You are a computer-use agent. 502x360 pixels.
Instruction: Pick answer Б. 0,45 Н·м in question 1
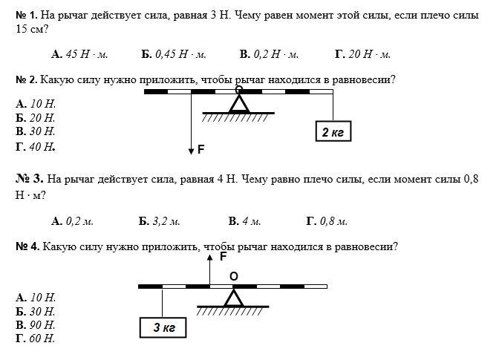pyautogui.click(x=173, y=54)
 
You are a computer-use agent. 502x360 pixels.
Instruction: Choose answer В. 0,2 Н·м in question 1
pyautogui.click(x=269, y=54)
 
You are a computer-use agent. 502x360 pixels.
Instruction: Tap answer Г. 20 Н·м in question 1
pyautogui.click(x=362, y=54)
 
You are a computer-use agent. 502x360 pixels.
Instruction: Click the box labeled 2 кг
pyautogui.click(x=332, y=132)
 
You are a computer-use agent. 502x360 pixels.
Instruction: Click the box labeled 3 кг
pyautogui.click(x=163, y=327)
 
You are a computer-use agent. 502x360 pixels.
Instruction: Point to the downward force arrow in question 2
pyautogui.click(x=191, y=126)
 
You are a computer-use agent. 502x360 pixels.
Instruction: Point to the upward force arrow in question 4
pyautogui.click(x=210, y=269)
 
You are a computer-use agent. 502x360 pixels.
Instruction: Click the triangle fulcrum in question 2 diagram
pyautogui.click(x=238, y=103)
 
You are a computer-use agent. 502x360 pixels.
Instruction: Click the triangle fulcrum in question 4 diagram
pyautogui.click(x=234, y=297)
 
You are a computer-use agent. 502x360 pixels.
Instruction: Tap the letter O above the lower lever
pyautogui.click(x=234, y=276)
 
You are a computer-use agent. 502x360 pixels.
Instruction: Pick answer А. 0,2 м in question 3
pyautogui.click(x=72, y=221)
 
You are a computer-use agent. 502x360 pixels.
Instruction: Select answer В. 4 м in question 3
pyautogui.click(x=244, y=221)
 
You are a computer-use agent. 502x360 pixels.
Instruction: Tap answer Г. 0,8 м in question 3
pyautogui.click(x=327, y=221)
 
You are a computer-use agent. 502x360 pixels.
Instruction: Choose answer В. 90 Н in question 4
pyautogui.click(x=36, y=324)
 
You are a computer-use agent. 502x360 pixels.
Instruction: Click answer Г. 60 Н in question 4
pyautogui.click(x=36, y=338)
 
